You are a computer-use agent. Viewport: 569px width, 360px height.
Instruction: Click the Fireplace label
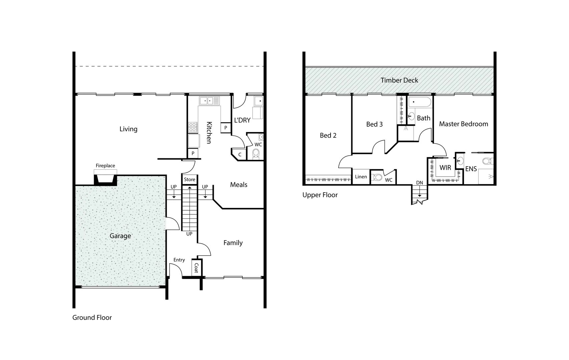(x=105, y=166)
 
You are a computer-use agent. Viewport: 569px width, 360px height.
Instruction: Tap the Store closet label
(x=189, y=180)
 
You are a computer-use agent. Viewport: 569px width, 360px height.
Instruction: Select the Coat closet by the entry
(x=196, y=268)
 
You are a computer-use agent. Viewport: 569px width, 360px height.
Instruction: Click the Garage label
(x=120, y=236)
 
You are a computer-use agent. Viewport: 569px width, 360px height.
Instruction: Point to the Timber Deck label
(x=399, y=80)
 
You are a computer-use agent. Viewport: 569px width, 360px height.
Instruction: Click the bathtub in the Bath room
(x=420, y=102)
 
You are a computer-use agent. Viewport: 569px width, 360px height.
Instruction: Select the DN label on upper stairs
(x=419, y=183)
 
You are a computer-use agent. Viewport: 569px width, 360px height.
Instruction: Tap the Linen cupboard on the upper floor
(x=361, y=177)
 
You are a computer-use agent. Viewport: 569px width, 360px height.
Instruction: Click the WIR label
(x=445, y=168)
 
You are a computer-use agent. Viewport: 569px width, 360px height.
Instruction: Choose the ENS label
(x=471, y=169)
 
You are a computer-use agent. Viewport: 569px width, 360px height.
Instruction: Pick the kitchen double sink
(x=207, y=100)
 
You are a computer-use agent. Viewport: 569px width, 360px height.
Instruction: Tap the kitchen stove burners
(x=193, y=127)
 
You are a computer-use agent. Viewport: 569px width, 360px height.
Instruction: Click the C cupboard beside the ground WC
(x=240, y=155)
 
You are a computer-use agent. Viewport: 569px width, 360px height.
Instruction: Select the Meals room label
(x=239, y=185)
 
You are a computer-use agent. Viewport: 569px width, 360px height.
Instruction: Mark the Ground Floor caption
(x=92, y=318)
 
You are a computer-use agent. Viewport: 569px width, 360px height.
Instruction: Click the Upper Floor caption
(x=320, y=195)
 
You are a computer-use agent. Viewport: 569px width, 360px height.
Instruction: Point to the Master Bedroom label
(x=463, y=124)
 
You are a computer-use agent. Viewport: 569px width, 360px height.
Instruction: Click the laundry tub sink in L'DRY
(x=258, y=101)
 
